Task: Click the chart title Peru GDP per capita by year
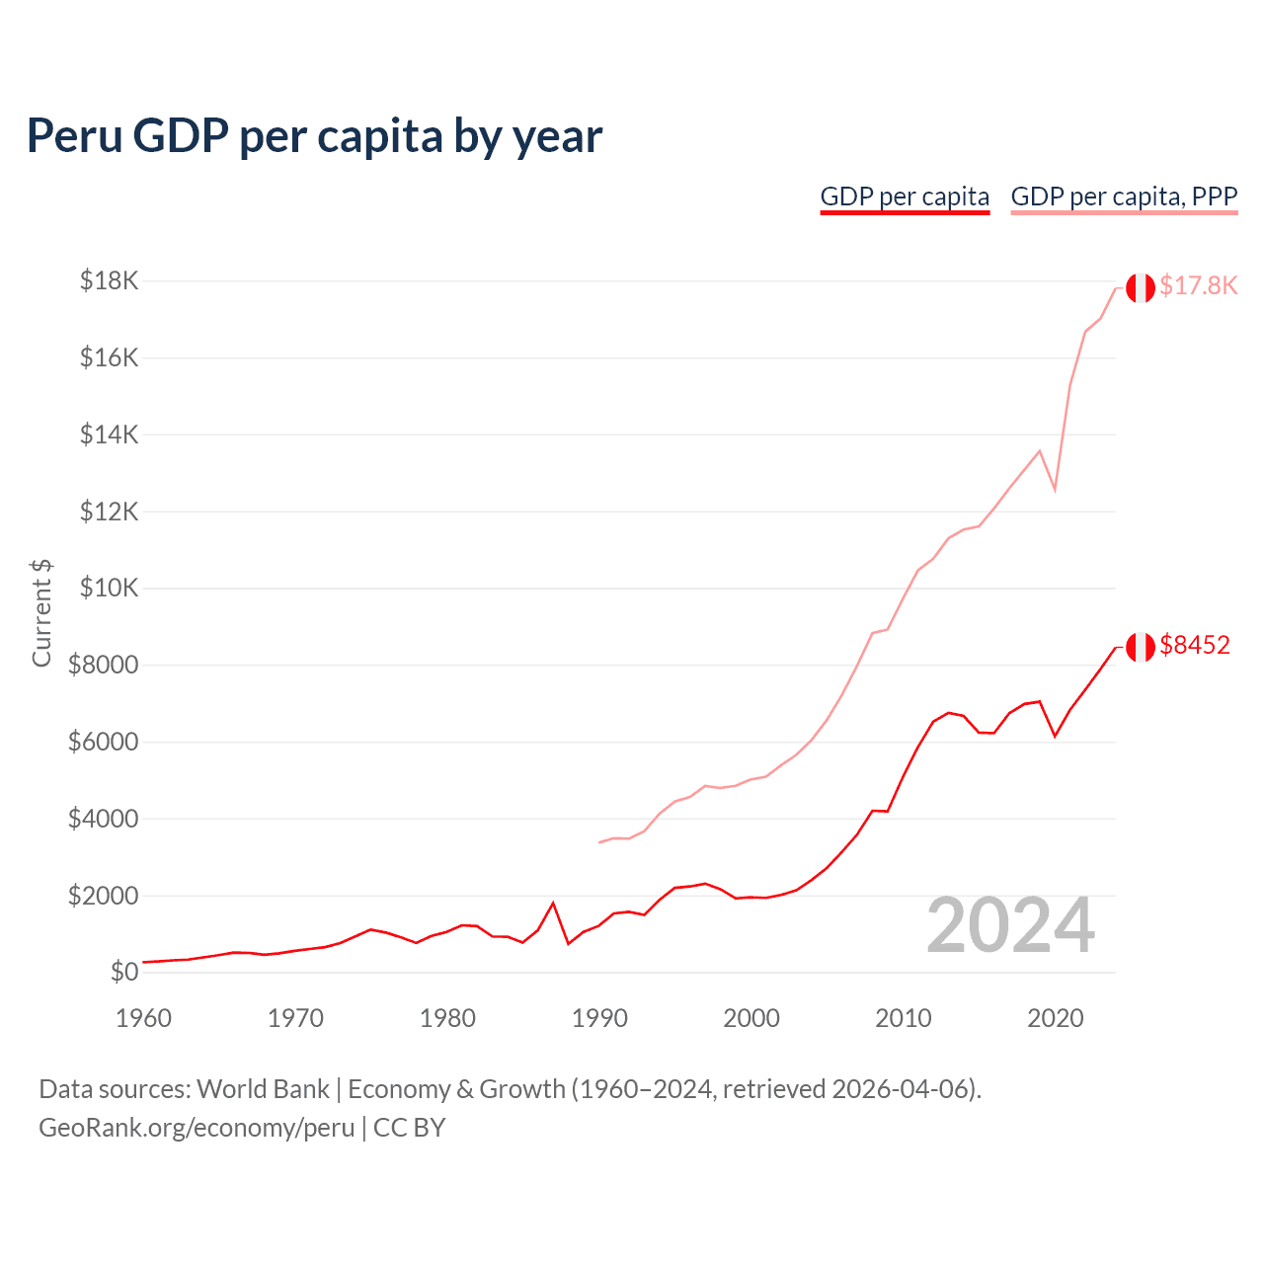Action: (x=314, y=136)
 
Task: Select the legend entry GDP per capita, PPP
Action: (x=1124, y=197)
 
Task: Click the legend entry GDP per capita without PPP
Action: (x=905, y=197)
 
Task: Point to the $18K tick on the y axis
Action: (x=110, y=281)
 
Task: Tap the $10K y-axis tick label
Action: (x=110, y=589)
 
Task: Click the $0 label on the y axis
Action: (x=123, y=973)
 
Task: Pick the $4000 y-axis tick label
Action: (x=103, y=820)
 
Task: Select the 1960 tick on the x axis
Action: (x=144, y=1018)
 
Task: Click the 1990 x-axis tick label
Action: (x=599, y=1018)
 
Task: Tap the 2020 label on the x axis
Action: (x=1056, y=1018)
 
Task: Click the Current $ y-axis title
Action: (x=41, y=612)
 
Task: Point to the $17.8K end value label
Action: (x=1198, y=286)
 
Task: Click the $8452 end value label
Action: (x=1195, y=646)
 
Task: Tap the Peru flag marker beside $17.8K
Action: (x=1141, y=287)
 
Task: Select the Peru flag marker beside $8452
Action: (x=1141, y=647)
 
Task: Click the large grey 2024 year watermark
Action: (x=1010, y=926)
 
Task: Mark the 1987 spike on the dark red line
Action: (x=553, y=903)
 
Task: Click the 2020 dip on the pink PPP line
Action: (x=1055, y=489)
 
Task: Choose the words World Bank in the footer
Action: (x=263, y=1089)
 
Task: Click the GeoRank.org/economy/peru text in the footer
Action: (x=197, y=1128)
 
